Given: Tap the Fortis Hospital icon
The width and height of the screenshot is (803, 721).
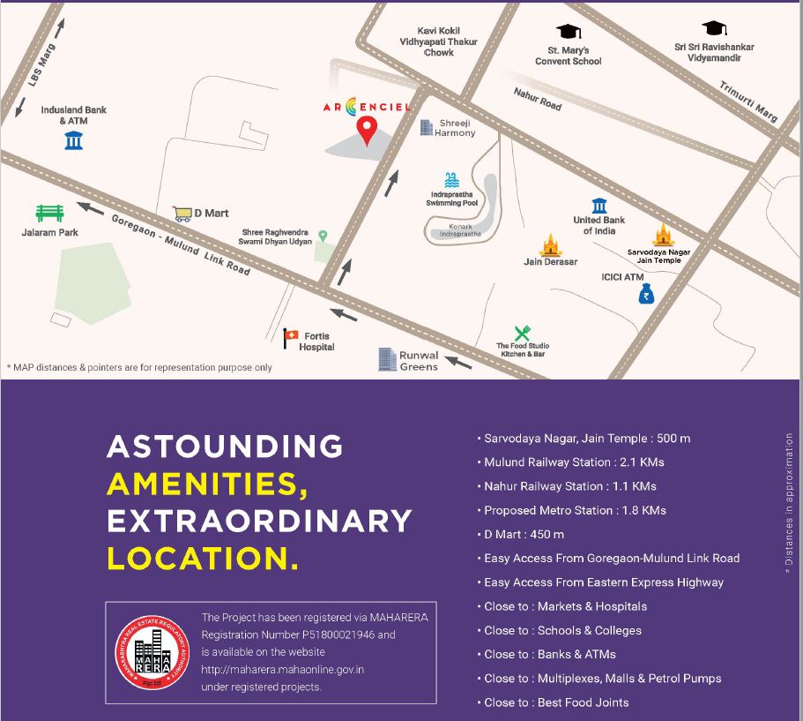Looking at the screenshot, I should tap(291, 336).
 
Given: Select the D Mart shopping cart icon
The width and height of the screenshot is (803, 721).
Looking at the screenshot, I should tap(182, 213).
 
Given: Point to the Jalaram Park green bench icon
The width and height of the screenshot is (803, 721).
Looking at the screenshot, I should tap(49, 213).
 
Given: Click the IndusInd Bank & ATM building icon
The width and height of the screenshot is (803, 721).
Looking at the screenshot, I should tap(73, 139).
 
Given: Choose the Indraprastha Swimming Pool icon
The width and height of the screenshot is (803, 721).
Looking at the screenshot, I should tap(451, 179).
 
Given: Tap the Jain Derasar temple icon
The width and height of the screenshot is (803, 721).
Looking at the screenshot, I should tap(551, 244).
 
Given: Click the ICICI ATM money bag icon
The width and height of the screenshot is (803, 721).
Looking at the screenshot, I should tap(647, 296).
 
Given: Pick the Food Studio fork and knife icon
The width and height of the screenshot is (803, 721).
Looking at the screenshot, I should tap(522, 333).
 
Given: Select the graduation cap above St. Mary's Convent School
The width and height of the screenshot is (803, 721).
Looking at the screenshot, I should tap(569, 31).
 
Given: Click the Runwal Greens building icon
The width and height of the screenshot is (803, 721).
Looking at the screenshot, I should tap(386, 358).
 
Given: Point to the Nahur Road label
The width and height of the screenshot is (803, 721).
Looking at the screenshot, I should tap(537, 99).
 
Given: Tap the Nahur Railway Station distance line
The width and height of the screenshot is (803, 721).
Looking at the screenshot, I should tap(569, 486).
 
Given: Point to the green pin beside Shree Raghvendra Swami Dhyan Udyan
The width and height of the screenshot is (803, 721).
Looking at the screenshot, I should tap(323, 236).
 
